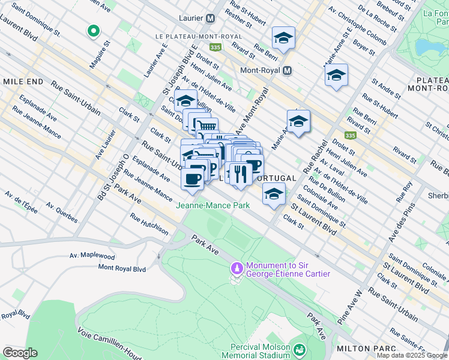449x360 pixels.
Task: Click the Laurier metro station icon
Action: (210, 18)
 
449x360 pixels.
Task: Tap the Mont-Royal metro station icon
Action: (287, 70)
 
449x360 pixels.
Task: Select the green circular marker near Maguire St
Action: (93, 31)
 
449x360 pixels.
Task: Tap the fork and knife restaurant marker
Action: (240, 174)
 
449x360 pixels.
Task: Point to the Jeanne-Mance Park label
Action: (212, 205)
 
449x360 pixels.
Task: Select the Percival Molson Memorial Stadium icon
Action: (298, 349)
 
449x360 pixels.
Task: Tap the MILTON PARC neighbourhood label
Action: (367, 349)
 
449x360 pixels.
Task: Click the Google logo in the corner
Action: (19, 353)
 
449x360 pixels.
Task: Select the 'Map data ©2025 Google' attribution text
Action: (412, 355)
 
